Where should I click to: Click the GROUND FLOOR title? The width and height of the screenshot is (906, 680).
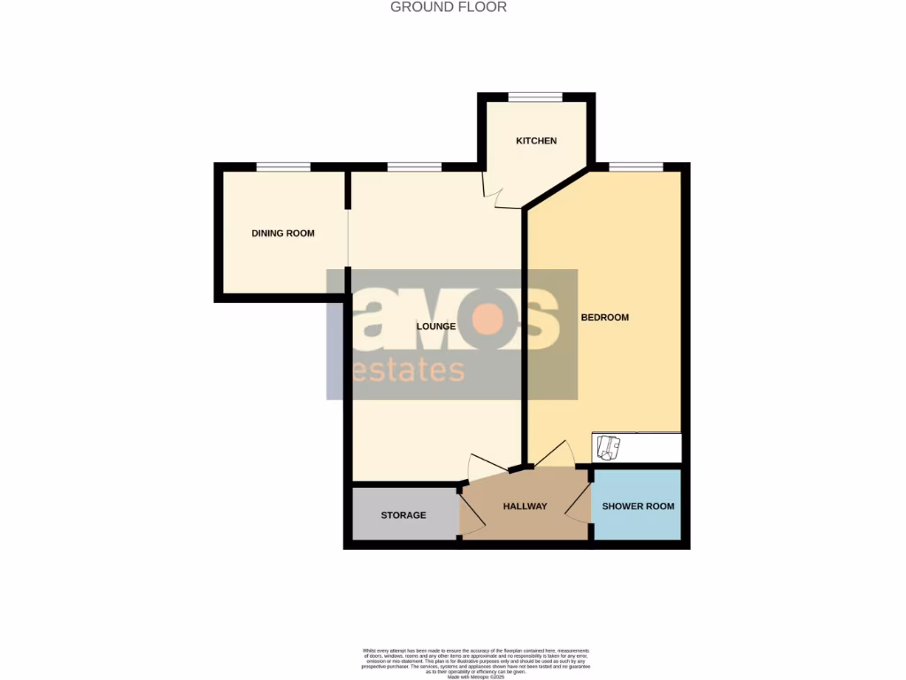[449, 7]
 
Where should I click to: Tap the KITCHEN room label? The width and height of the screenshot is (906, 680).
[536, 141]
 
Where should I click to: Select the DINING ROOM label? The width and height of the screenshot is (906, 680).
[283, 234]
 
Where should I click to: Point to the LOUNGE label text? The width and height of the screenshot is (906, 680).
[436, 327]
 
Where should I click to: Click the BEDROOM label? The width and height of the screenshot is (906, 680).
[604, 317]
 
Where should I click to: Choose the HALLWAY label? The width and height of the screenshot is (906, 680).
[525, 506]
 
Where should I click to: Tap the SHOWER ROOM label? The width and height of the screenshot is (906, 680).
[638, 506]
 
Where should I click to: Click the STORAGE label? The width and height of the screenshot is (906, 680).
[403, 515]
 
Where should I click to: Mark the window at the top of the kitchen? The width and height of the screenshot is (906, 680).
[535, 97]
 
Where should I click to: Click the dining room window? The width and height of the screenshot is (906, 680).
[283, 166]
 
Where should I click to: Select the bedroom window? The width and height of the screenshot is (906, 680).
[636, 166]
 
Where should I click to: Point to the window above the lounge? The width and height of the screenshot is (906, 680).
[414, 166]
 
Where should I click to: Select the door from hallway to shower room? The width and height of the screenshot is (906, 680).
[579, 506]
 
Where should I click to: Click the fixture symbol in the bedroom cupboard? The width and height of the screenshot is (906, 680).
[607, 448]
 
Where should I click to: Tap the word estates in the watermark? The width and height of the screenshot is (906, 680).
[408, 369]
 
